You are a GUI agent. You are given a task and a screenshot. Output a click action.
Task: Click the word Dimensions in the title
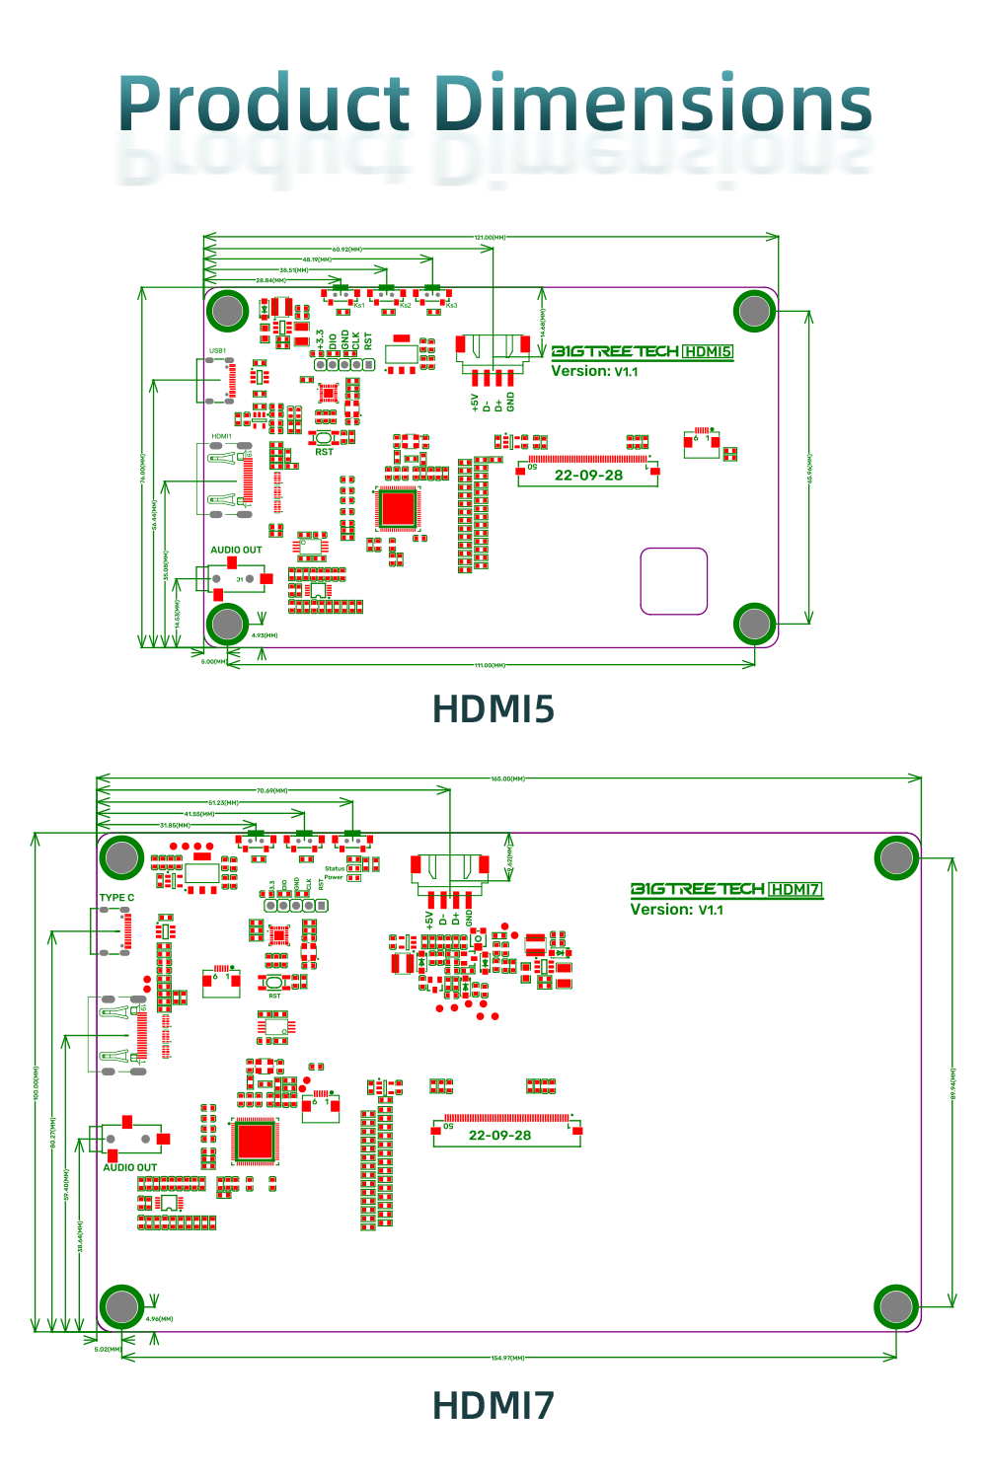(653, 104)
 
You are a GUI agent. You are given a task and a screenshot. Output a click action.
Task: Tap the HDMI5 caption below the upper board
(493, 708)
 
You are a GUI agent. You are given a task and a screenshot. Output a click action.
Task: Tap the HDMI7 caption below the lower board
(493, 1405)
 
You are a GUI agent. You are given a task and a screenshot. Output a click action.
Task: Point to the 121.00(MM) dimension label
(491, 238)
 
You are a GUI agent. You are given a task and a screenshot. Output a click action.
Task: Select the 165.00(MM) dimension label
(507, 778)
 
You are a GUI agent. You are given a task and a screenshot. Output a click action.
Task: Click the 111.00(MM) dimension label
(491, 665)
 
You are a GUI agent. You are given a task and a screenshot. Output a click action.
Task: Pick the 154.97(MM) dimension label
(507, 1358)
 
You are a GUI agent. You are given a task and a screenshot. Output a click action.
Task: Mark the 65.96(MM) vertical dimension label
(809, 468)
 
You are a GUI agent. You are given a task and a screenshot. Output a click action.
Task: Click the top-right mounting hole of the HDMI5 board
(754, 311)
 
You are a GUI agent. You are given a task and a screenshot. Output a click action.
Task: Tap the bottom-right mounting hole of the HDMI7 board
(896, 1306)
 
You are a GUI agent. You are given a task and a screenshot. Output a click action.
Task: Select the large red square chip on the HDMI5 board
(398, 508)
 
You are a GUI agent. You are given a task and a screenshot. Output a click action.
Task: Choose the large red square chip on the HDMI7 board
(255, 1141)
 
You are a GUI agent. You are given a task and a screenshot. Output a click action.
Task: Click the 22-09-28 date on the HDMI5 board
(588, 475)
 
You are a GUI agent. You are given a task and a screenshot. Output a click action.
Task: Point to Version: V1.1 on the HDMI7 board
(677, 910)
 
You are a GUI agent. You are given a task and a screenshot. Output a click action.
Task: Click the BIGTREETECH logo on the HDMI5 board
(614, 351)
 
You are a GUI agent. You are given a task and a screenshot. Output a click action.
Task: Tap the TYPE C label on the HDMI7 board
(116, 898)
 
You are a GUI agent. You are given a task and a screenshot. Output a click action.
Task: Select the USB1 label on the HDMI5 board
(217, 350)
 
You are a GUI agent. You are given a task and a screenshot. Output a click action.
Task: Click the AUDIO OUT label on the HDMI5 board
(236, 550)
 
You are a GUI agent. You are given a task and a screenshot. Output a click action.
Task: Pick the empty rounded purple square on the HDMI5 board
(674, 581)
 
